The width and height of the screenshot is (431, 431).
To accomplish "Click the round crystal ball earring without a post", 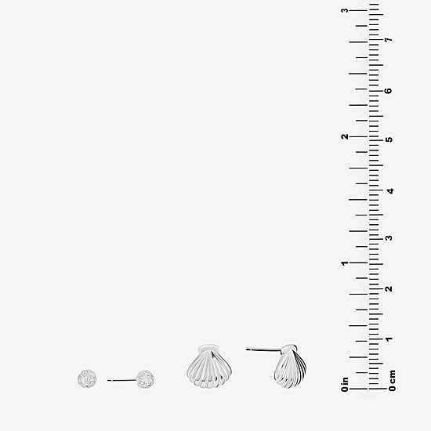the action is (87, 378).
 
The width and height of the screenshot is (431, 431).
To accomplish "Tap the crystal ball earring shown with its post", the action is (145, 379).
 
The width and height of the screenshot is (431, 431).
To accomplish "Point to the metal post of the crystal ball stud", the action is (121, 380).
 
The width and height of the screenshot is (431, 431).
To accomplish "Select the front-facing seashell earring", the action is (209, 367).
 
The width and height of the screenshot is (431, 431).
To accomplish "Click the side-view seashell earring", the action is (290, 367).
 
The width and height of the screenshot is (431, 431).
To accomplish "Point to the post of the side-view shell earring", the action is (263, 350).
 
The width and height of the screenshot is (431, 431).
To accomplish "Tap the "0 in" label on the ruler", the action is (345, 384).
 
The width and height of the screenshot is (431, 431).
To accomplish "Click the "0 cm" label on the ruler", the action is (393, 381).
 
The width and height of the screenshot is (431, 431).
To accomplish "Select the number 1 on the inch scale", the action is (345, 263).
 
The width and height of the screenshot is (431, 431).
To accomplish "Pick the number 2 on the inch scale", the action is (345, 136).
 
